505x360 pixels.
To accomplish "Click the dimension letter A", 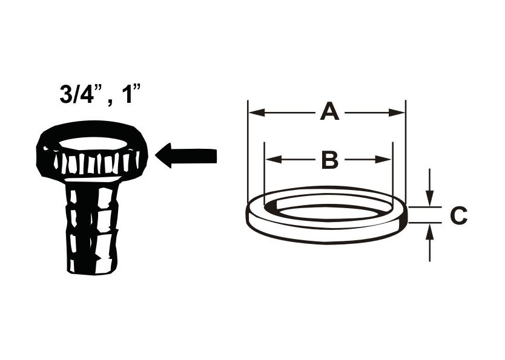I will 329,112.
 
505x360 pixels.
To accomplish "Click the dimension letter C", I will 458,215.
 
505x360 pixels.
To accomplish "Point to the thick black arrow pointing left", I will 186,155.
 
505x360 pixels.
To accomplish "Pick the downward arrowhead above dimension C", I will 429,198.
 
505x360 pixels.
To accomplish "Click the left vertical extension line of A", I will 248,151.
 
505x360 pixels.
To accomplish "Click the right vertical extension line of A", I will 406,151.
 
